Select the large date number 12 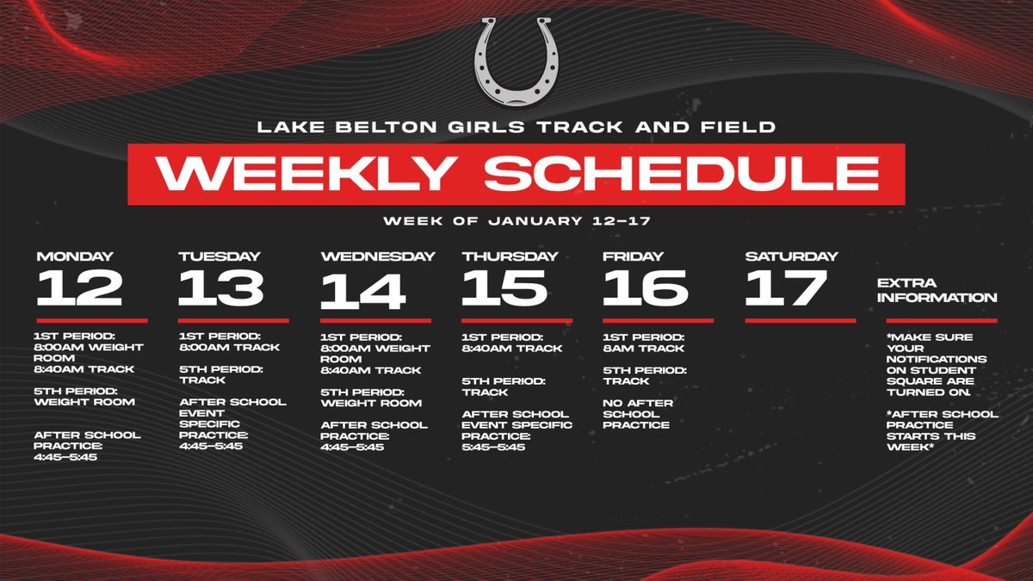point(79,288)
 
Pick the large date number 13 point(221,288)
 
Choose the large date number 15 point(504,288)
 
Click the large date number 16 point(646,288)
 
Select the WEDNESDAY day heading point(378,256)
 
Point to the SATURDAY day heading point(791,256)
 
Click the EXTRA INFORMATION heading point(937,290)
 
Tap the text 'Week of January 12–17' point(516,221)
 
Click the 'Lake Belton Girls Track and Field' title point(516,128)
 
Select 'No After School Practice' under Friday point(638,413)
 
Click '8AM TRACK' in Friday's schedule point(644,348)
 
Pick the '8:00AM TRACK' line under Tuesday point(229,348)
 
